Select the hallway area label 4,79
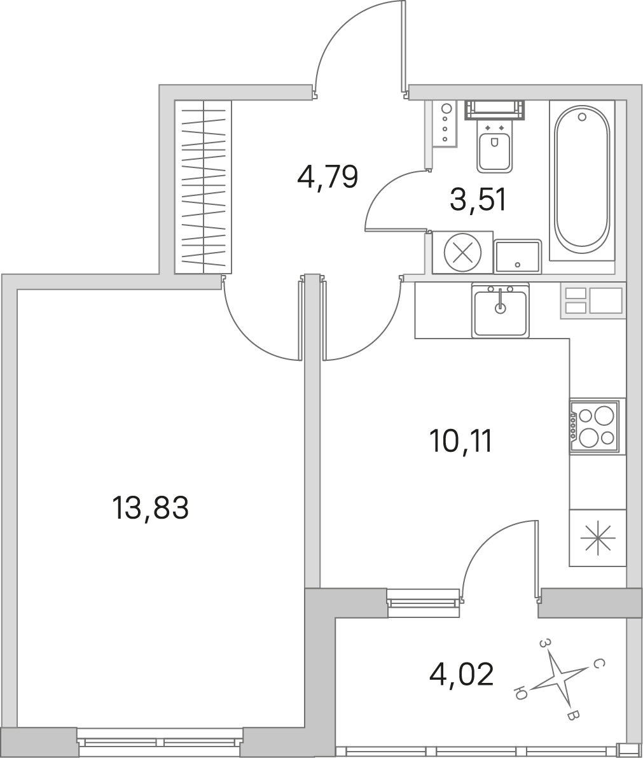[328, 177]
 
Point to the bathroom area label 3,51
[478, 200]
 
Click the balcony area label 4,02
[461, 675]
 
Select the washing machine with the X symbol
[462, 252]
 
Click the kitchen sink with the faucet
[501, 310]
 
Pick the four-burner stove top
[594, 426]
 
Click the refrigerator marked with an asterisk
[598, 538]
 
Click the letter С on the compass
[598, 664]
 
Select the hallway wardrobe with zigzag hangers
[203, 186]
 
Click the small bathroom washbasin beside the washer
[518, 256]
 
